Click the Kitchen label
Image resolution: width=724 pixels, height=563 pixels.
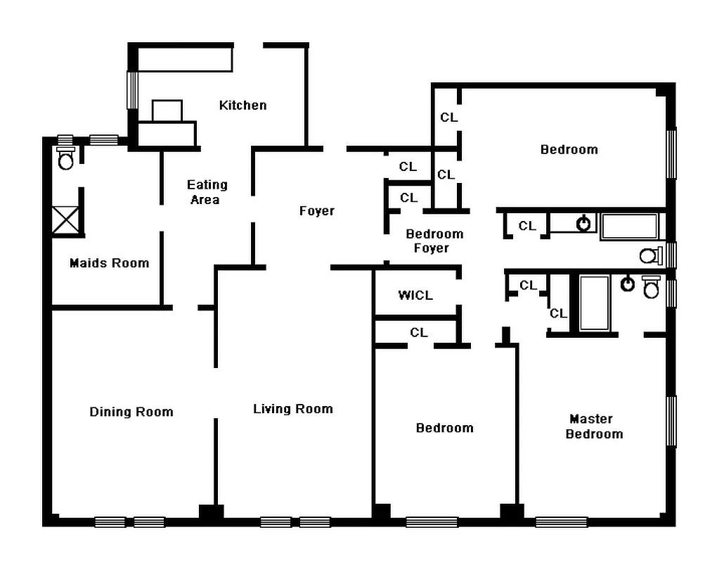243,106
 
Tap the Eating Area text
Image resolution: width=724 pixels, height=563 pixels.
207,192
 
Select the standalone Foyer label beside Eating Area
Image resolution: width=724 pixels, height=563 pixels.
317,210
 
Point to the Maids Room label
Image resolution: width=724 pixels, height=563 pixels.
109,263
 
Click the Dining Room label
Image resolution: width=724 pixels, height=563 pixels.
131,412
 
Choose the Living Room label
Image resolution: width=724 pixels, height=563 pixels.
292,409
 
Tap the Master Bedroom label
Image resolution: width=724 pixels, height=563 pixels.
594,426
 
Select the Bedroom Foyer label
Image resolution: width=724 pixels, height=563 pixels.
434,241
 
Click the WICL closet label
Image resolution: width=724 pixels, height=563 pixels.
415,295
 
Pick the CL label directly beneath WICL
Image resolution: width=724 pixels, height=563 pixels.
419,332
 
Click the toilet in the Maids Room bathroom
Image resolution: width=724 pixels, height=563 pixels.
66,158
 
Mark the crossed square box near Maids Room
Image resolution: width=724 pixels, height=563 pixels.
67,220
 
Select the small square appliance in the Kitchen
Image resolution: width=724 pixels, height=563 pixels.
167,110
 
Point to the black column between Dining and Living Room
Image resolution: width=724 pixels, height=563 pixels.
211,513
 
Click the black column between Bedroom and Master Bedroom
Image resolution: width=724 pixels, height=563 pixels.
511,513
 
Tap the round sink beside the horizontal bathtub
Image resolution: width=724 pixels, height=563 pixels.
583,224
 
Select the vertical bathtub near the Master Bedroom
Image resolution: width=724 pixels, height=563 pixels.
594,303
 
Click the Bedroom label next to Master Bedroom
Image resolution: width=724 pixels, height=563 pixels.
444,428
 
